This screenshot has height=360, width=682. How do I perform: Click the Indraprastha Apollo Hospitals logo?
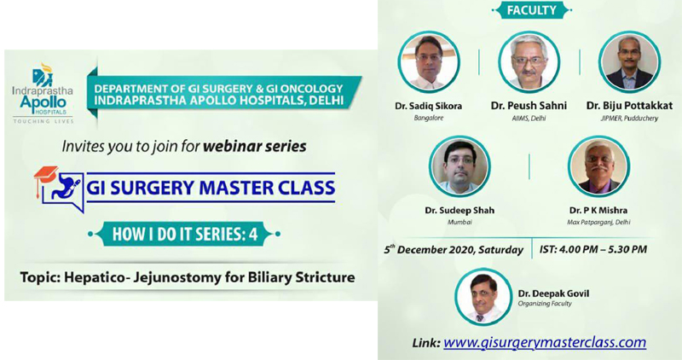click(x=43, y=93)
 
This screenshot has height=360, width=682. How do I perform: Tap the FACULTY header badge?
click(x=531, y=10)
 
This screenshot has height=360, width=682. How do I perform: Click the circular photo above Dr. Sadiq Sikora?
click(x=429, y=61)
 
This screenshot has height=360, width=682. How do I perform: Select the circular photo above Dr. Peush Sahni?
click(x=529, y=61)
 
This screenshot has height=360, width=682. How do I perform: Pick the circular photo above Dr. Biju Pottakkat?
click(x=629, y=61)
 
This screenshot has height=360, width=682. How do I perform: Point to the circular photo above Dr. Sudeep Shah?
click(x=459, y=166)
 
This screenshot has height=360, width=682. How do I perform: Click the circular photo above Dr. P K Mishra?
click(x=598, y=166)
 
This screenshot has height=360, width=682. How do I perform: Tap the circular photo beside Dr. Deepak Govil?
click(x=483, y=297)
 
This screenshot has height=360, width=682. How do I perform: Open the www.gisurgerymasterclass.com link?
click(x=545, y=342)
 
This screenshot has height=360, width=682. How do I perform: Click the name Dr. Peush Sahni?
click(x=529, y=106)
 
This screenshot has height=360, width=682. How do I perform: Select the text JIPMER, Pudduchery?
click(x=629, y=119)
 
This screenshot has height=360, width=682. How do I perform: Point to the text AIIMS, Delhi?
click(x=529, y=119)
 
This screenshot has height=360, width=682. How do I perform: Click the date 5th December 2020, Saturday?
click(x=454, y=249)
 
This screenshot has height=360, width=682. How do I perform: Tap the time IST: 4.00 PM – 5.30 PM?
click(x=593, y=249)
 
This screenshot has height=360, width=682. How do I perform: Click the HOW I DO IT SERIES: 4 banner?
click(x=185, y=235)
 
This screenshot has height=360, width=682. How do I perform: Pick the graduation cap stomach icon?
click(x=59, y=189)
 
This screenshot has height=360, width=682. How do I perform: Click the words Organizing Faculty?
click(x=545, y=304)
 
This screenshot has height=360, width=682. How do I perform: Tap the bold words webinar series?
click(x=254, y=146)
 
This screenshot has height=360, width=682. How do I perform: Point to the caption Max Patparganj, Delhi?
click(x=598, y=223)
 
